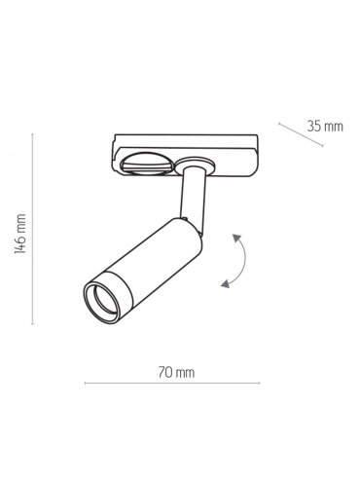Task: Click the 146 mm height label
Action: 20,234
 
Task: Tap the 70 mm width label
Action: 176,372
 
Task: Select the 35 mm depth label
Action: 325,126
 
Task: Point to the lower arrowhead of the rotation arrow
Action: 225,283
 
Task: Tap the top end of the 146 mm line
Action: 32,134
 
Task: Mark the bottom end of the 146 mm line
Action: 32,323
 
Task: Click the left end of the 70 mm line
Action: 86,384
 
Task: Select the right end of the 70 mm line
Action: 259,384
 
